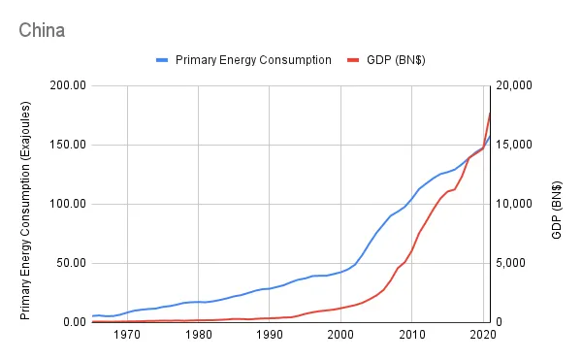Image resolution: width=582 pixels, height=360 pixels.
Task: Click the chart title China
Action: tap(42, 30)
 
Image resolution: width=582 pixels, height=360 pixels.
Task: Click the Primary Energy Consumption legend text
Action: tap(255, 60)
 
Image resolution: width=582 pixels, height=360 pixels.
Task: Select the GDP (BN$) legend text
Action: tap(395, 60)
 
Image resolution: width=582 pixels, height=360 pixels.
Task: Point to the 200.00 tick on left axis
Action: tap(68, 85)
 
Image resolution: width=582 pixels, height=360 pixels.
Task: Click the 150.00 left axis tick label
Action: tap(68, 145)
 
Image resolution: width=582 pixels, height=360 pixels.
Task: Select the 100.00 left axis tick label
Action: tap(68, 204)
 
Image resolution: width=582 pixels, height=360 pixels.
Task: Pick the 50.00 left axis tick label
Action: tap(71, 263)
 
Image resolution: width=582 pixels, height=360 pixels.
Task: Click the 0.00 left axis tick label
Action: tap(74, 322)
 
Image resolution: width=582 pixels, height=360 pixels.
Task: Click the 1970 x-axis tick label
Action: tap(127, 335)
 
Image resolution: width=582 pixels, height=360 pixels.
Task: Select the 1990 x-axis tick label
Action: tap(270, 335)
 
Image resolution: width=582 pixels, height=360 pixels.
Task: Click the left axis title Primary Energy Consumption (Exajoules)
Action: tap(26, 204)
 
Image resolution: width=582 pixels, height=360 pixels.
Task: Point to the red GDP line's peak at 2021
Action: tap(491, 113)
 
